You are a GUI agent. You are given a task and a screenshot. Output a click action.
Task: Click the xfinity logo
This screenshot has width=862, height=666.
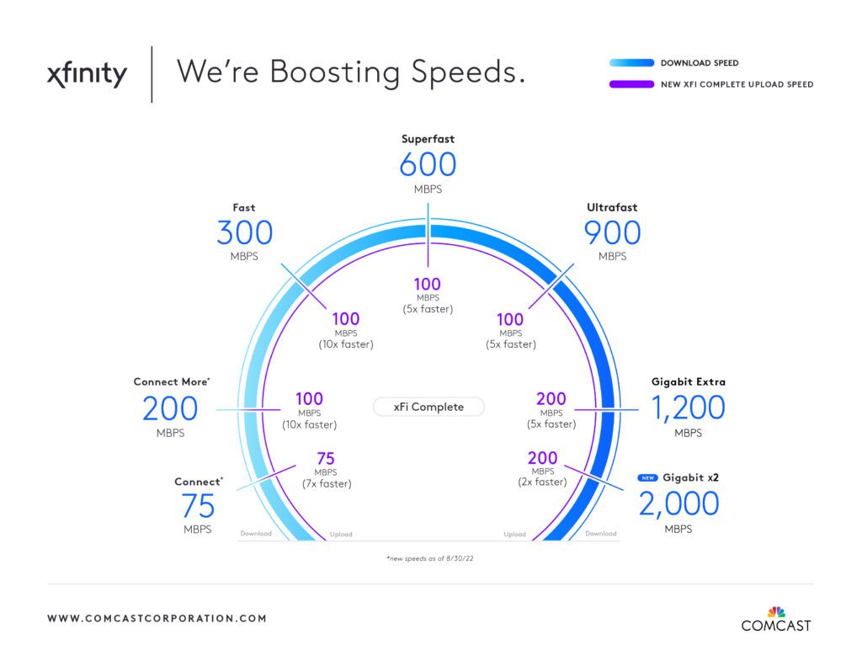[x=87, y=74]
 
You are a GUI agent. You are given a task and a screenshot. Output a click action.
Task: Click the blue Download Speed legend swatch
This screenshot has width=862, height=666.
[x=631, y=62]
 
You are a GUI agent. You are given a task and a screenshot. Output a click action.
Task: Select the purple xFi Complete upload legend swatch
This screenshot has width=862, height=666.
[x=631, y=84]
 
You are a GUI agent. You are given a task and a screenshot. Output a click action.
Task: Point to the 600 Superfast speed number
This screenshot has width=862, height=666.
[x=428, y=164]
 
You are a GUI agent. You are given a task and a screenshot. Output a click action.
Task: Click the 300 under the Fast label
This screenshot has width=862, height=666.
[x=245, y=232]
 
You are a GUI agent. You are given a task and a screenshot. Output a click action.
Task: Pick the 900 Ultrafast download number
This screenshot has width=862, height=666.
[x=612, y=232]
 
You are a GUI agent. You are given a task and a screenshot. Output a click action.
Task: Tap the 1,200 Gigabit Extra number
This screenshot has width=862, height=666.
[x=688, y=408]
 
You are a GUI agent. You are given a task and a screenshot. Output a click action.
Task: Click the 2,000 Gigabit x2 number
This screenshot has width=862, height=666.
[x=678, y=503]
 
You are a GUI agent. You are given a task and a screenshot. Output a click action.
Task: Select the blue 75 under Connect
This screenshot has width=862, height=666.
[x=198, y=506]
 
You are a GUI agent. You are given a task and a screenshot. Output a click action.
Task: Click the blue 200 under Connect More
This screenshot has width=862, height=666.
[x=170, y=408]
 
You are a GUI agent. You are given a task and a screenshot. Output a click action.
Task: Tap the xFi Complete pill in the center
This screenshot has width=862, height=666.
[x=428, y=407]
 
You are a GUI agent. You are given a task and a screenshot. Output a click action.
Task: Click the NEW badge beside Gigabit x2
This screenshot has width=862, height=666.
[x=647, y=478]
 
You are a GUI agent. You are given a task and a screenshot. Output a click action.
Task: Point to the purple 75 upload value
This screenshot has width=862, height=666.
[x=326, y=459]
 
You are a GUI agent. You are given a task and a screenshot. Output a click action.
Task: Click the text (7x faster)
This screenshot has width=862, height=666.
[x=327, y=484]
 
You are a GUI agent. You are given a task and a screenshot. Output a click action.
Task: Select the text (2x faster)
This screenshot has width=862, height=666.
[x=542, y=482]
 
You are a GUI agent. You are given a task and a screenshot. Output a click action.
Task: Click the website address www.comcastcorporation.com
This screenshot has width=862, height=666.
[x=157, y=618]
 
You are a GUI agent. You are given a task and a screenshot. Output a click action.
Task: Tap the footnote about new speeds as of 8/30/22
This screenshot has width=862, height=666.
[x=430, y=558]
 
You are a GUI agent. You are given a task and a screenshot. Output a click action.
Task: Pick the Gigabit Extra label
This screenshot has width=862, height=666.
[x=689, y=381]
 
